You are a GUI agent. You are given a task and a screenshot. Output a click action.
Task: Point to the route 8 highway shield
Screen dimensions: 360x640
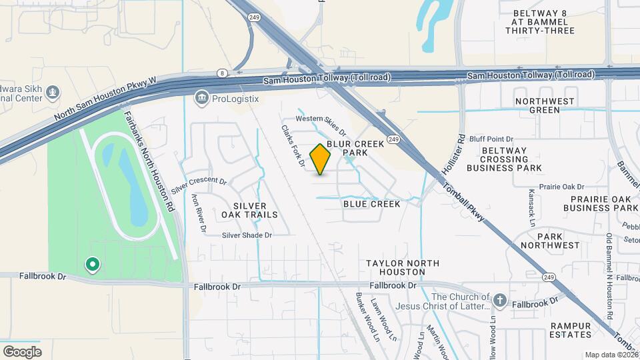tap(221, 73)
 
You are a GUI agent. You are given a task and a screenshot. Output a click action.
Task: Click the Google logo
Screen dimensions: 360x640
tap(22, 351)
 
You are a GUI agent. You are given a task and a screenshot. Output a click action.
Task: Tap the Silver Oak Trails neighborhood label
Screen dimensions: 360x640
tap(249, 210)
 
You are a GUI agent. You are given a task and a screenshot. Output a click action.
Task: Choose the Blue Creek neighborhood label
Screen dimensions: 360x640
tap(371, 204)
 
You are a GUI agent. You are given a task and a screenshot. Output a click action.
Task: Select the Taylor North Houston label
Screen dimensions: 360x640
tap(395, 267)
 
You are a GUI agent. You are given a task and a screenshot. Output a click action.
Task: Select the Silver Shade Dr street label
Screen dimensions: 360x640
tap(247, 235)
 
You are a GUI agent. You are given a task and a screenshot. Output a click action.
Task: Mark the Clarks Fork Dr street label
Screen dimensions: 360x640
tap(293, 146)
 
